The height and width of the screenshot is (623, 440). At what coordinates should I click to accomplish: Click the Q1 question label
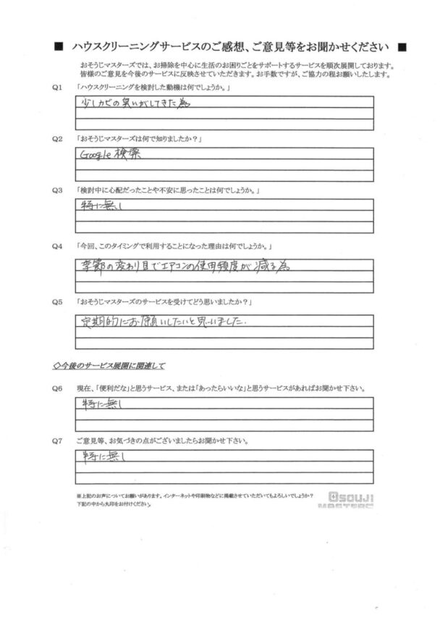pos(57,87)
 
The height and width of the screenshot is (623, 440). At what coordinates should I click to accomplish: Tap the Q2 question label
pos(57,138)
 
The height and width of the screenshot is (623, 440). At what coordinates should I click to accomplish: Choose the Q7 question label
pos(57,440)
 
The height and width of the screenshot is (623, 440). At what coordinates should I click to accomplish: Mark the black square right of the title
pos(402,47)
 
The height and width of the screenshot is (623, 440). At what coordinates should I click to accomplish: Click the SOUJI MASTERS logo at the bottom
pos(352,500)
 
